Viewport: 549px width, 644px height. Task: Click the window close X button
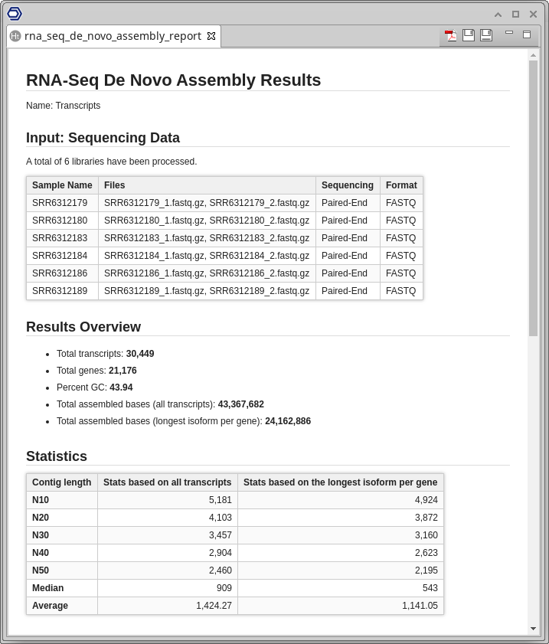pyautogui.click(x=533, y=14)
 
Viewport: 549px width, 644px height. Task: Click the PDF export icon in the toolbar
pyautogui.click(x=451, y=35)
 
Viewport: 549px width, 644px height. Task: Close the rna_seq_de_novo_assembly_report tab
pyautogui.click(x=211, y=36)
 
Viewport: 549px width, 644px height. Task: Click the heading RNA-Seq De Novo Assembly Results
pyautogui.click(x=173, y=80)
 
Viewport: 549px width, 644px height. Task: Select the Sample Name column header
pyautogui.click(x=62, y=185)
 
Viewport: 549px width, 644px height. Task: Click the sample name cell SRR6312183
pyautogui.click(x=60, y=238)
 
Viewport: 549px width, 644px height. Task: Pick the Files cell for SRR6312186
pyautogui.click(x=207, y=273)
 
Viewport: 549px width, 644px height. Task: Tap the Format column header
pyautogui.click(x=401, y=185)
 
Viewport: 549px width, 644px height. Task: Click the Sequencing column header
pyautogui.click(x=348, y=185)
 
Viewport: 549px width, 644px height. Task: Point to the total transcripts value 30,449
pyautogui.click(x=140, y=354)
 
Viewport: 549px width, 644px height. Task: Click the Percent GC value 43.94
pyautogui.click(x=121, y=387)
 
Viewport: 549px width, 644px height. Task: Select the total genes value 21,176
pyautogui.click(x=123, y=371)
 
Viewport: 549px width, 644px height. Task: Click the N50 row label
pyautogui.click(x=41, y=570)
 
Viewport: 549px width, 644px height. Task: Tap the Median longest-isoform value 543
pyautogui.click(x=430, y=588)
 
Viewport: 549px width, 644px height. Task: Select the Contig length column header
pyautogui.click(x=61, y=482)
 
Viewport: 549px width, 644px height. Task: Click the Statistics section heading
pyautogui.click(x=57, y=456)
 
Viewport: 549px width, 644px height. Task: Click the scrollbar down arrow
pyautogui.click(x=534, y=629)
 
